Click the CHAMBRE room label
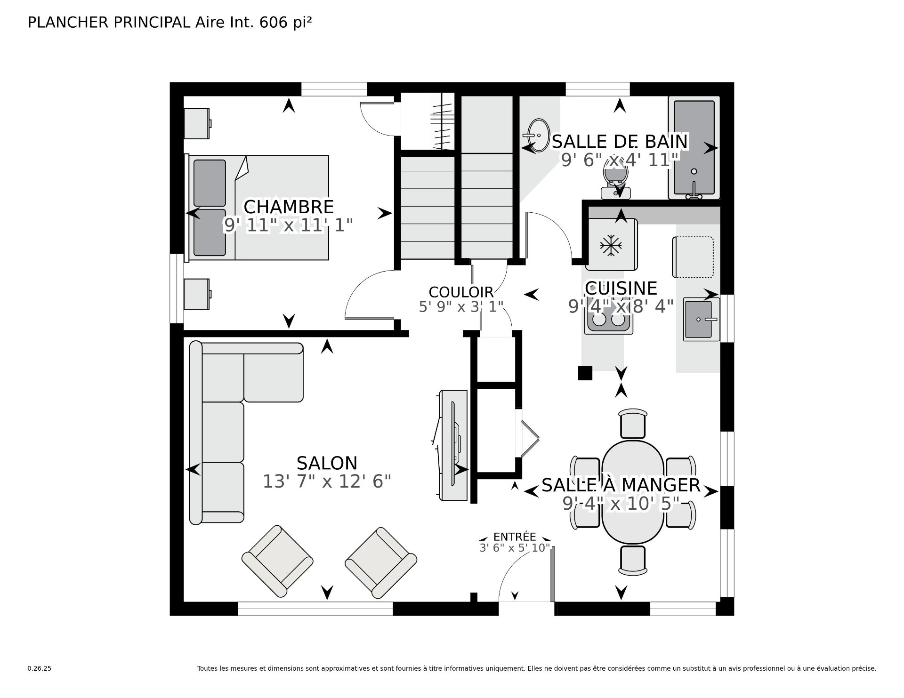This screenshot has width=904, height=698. coord(288,207)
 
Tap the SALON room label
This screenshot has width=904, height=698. coord(327,463)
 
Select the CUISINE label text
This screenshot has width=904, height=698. coord(621,288)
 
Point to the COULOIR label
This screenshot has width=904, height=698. coord(461,292)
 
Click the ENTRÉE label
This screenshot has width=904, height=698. coord(515,537)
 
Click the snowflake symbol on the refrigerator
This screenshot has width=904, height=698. coord(611,245)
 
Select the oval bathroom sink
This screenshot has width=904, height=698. coord(538,134)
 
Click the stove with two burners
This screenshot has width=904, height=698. coord(608,321)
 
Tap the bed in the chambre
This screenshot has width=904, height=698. coord(259,208)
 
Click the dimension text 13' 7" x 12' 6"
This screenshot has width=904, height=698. coord(327,481)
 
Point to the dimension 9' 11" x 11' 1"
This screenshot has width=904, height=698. coord(288,225)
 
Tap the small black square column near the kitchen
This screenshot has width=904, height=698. coord(585,373)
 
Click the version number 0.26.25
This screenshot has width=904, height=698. coord(39,668)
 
